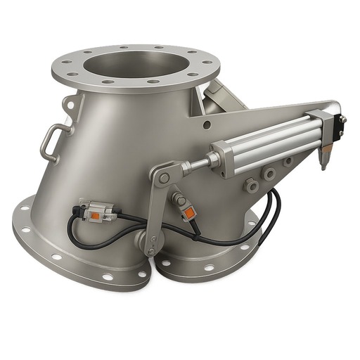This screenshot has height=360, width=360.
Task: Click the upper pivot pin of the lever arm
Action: coord(164,177)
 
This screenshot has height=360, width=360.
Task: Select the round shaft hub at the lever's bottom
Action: coord(150,242)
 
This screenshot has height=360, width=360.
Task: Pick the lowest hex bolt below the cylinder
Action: coord(250,185)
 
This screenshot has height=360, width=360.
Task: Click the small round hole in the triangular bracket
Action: coord(206,124)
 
